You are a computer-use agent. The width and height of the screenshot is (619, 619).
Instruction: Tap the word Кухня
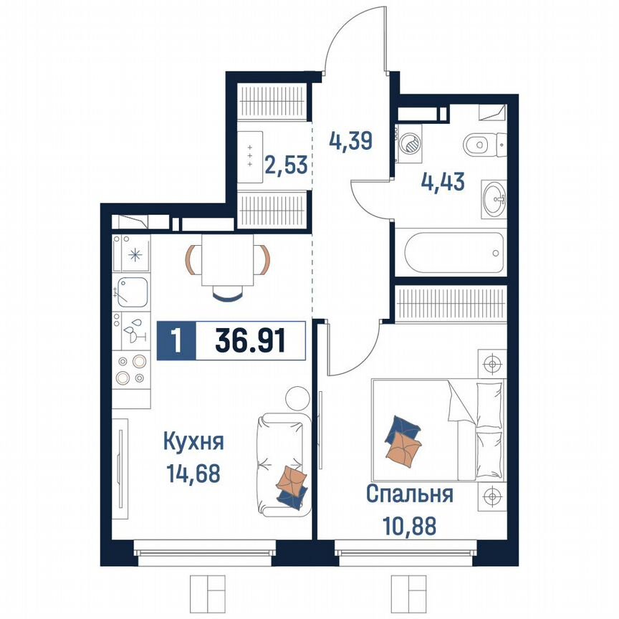click(193, 441)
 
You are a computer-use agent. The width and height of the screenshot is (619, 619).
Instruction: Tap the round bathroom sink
click(493, 198)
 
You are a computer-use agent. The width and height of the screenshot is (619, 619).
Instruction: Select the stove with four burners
click(130, 370)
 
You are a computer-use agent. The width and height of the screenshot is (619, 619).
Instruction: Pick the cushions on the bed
click(403, 441)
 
